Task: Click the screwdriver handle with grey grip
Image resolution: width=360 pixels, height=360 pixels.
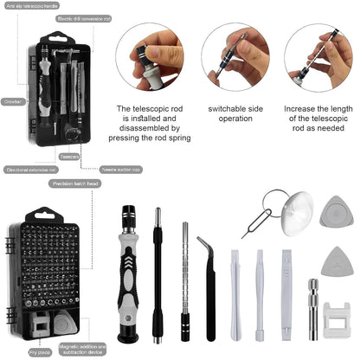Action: [132, 268]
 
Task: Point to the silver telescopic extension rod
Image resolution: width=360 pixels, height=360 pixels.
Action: [184, 277]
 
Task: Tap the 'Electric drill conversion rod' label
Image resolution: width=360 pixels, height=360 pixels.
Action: [83, 17]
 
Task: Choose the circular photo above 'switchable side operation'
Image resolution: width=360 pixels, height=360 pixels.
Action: [236, 56]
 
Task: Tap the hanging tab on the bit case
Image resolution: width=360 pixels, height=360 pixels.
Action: [42, 215]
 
